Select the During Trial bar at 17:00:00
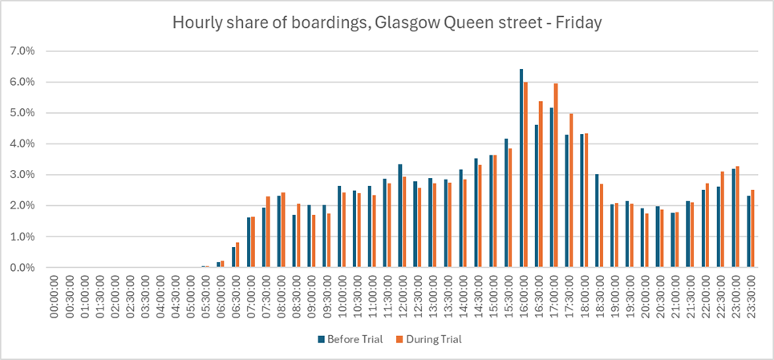[555, 176]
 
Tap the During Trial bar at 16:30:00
[540, 184]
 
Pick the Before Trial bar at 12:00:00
[399, 216]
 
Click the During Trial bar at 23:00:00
[737, 216]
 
